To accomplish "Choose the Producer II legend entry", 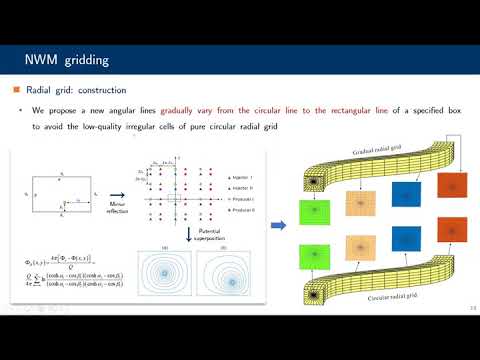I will point(236,210).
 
